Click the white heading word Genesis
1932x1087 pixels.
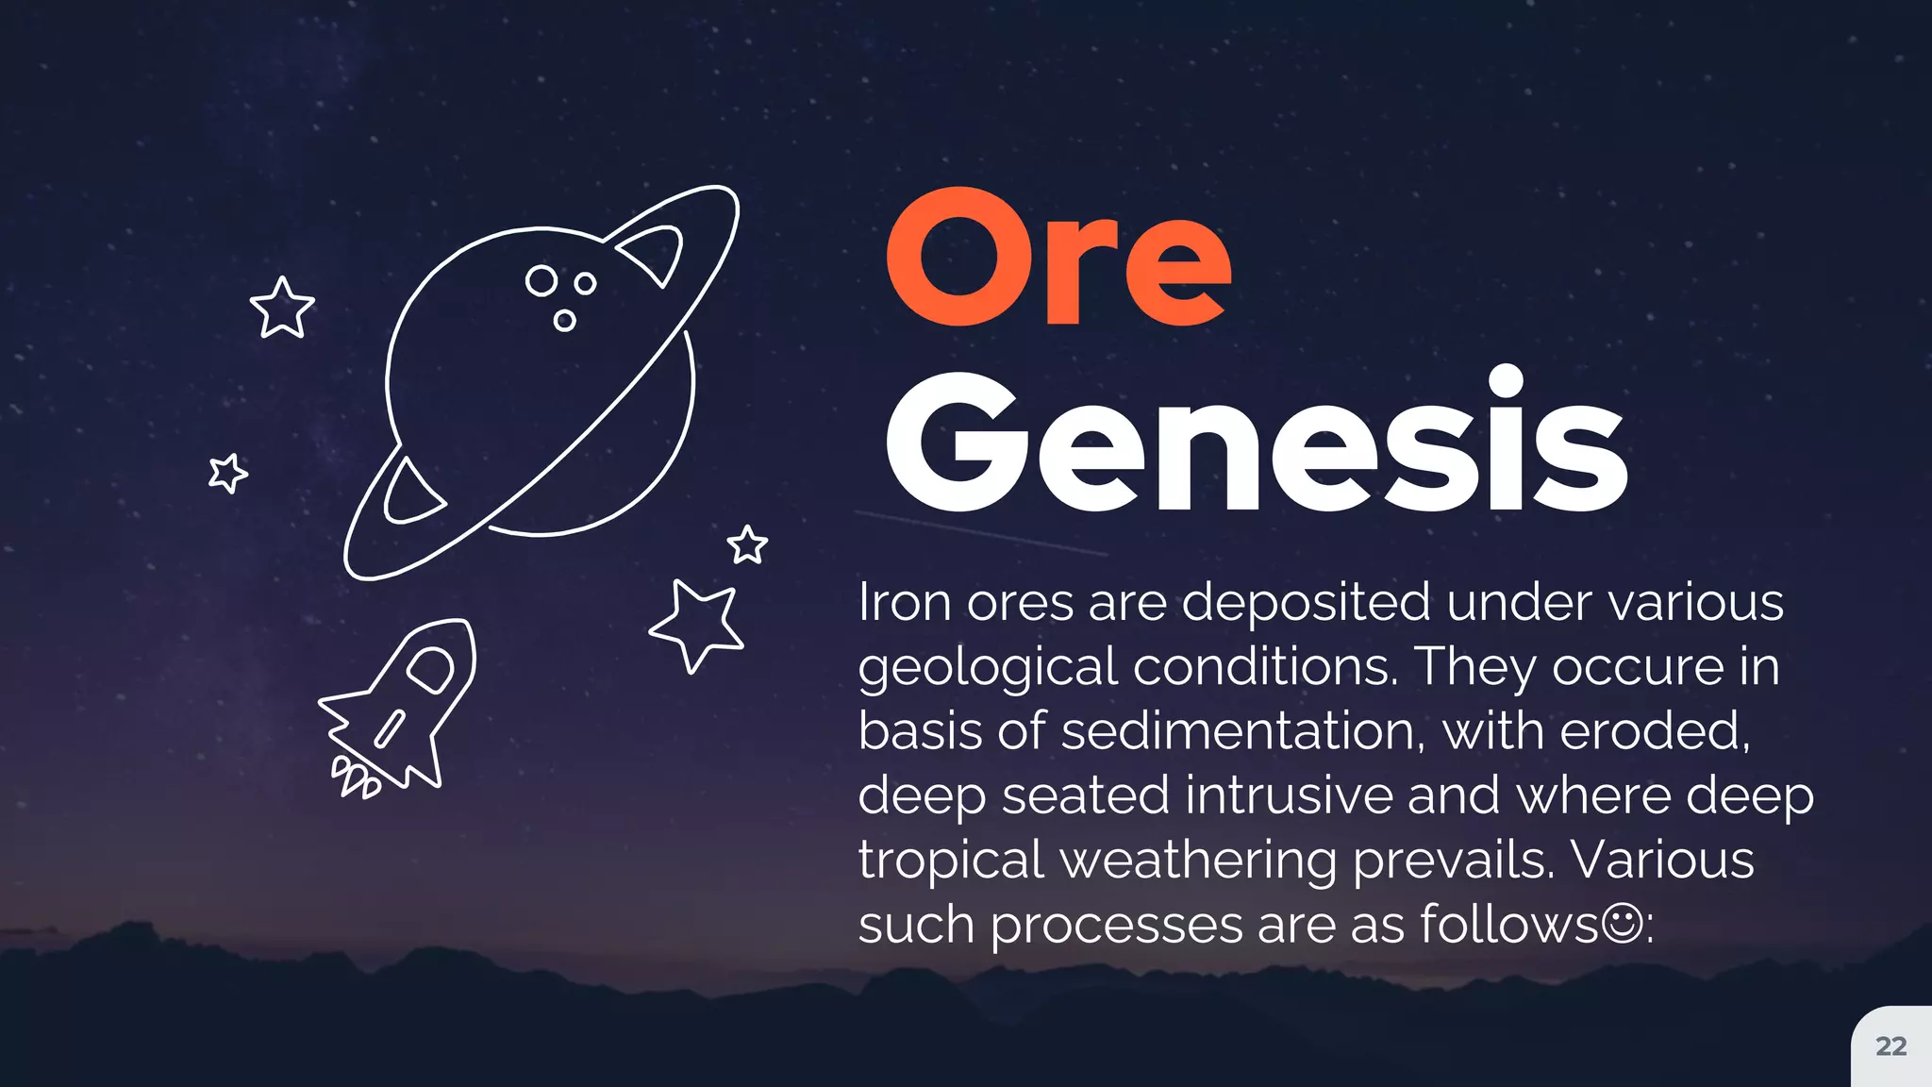click(1256, 443)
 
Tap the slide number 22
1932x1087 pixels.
click(1890, 1046)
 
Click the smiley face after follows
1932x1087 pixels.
click(1622, 923)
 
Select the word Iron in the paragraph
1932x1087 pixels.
click(904, 602)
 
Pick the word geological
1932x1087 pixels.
click(987, 668)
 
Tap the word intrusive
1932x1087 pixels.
click(1289, 794)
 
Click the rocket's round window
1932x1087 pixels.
click(430, 670)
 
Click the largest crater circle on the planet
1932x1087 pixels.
click(541, 280)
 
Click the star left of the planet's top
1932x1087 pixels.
click(281, 308)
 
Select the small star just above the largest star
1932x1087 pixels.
click(748, 544)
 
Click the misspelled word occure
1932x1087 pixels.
click(1638, 668)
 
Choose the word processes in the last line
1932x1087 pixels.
click(1116, 925)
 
